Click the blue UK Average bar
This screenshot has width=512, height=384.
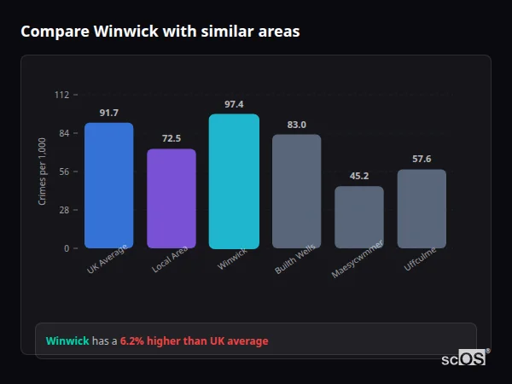click(108, 185)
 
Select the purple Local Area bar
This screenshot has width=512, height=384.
click(172, 198)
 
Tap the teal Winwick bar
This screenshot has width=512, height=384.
click(234, 181)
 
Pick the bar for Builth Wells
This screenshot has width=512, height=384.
click(296, 191)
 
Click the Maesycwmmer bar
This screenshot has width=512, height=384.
click(359, 217)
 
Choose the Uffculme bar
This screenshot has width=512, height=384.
click(422, 208)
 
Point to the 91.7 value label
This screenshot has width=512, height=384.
click(108, 113)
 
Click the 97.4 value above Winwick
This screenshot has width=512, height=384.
click(234, 104)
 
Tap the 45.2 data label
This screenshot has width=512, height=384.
click(359, 177)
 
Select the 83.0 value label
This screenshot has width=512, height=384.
click(296, 125)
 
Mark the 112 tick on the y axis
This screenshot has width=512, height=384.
click(61, 95)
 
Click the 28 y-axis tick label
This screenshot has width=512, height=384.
click(63, 210)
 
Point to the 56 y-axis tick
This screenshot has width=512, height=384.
click(63, 172)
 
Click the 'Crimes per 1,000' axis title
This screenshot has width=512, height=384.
click(43, 172)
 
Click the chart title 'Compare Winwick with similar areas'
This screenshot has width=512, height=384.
click(160, 32)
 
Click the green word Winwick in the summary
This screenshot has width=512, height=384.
click(67, 341)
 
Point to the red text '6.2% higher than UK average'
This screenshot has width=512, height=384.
click(194, 341)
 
